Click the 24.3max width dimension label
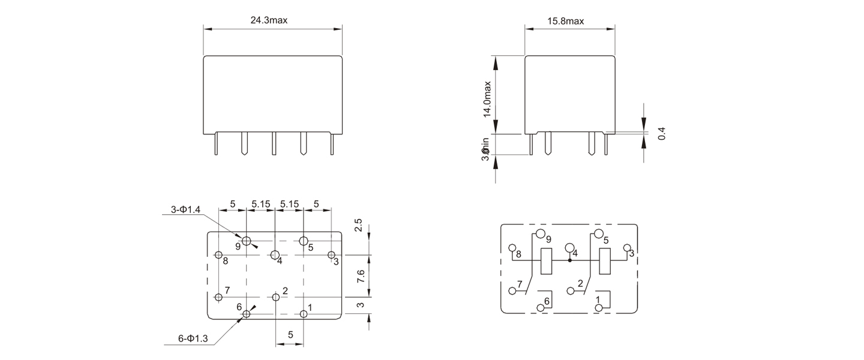[269, 20]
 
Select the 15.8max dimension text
[566, 22]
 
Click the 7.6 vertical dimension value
[359, 277]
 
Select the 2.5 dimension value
[358, 226]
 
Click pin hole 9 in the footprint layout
[246, 241]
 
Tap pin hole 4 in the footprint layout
[275, 254]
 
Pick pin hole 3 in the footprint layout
[331, 255]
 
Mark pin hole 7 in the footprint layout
[218, 297]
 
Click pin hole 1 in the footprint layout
[304, 313]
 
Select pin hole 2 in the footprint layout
[276, 296]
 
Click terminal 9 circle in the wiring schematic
[541, 234]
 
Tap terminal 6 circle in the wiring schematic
[541, 308]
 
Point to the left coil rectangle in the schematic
[546, 261]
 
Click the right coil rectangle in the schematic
[605, 261]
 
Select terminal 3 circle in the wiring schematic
[626, 248]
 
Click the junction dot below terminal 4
[569, 260]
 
